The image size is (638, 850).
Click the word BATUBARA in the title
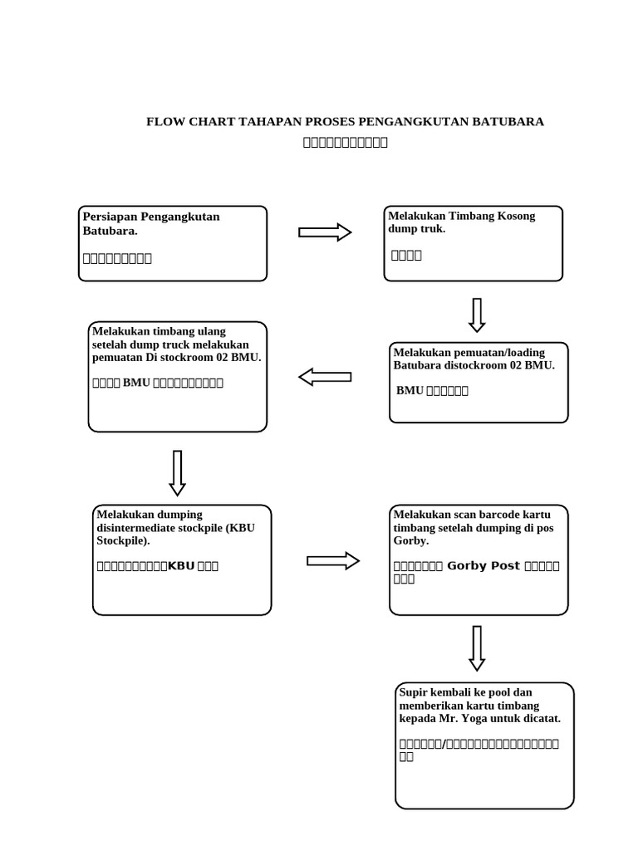pos(508,122)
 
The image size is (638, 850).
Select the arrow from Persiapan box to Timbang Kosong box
pos(325,232)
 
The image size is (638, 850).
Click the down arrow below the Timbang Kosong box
pos(477,315)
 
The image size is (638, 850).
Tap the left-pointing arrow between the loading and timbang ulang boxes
pos(325,378)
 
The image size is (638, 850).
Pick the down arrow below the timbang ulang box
pos(177,473)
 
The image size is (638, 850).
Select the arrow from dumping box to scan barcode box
pos(333,561)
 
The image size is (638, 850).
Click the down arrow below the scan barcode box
pos(477,648)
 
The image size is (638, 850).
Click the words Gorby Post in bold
pos(483,566)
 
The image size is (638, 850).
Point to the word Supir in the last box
pos(414,692)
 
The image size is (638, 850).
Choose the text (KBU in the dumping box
pos(241,528)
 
